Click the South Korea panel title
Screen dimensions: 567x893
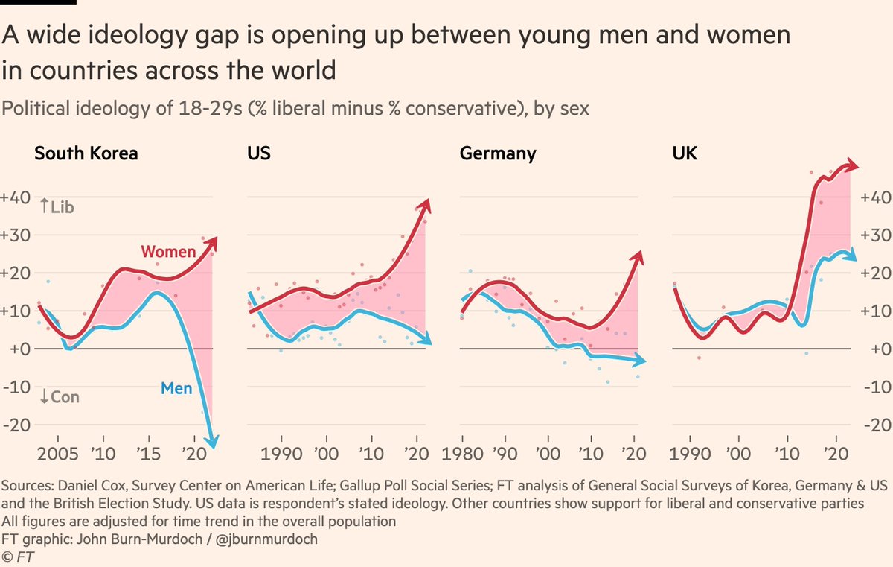point(86,154)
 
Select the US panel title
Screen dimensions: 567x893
point(258,154)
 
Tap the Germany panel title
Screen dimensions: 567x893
point(498,154)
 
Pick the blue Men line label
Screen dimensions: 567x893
point(176,388)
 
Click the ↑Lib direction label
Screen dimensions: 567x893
point(57,207)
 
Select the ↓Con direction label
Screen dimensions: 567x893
point(60,397)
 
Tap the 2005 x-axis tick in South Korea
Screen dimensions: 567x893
point(56,454)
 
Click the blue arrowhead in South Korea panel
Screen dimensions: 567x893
point(212,442)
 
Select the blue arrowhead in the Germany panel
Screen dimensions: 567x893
point(641,361)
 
